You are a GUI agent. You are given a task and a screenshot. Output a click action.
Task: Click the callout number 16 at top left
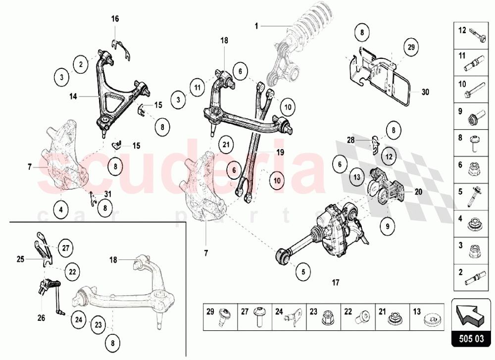click(x=115, y=19)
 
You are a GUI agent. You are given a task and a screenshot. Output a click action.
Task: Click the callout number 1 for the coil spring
click(x=257, y=25)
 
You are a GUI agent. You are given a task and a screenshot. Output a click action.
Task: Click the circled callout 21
click(x=226, y=145)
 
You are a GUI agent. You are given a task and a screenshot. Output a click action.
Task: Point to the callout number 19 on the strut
click(x=280, y=153)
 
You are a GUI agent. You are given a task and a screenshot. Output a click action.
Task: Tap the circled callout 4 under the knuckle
click(x=61, y=209)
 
